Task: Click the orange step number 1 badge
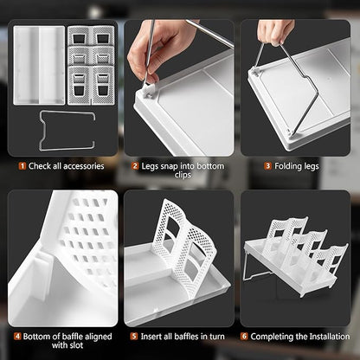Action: tap(22, 166)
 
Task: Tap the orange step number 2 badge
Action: tap(135, 166)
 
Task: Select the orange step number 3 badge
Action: tap(268, 166)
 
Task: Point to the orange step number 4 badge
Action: tap(17, 337)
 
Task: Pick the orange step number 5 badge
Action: tap(134, 337)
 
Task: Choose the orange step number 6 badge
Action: tap(244, 337)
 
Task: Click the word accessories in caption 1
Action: tap(84, 166)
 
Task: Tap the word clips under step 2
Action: tap(183, 175)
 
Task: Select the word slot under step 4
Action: tap(76, 345)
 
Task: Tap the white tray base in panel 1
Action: tap(39, 65)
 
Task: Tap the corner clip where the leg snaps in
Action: tap(148, 92)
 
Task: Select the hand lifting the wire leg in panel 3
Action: tap(275, 31)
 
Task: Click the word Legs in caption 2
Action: tap(150, 166)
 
